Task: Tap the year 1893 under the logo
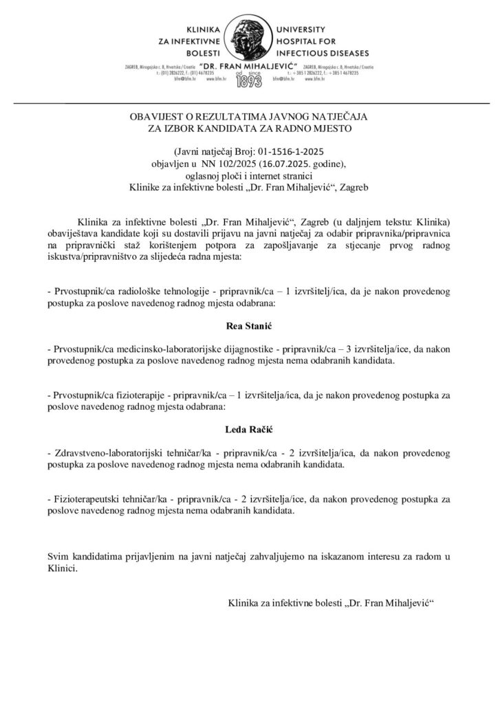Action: click(249, 81)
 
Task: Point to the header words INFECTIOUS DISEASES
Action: click(323, 53)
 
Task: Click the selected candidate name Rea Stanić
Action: click(249, 323)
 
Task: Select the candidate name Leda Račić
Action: click(249, 430)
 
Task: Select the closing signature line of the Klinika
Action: click(333, 603)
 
